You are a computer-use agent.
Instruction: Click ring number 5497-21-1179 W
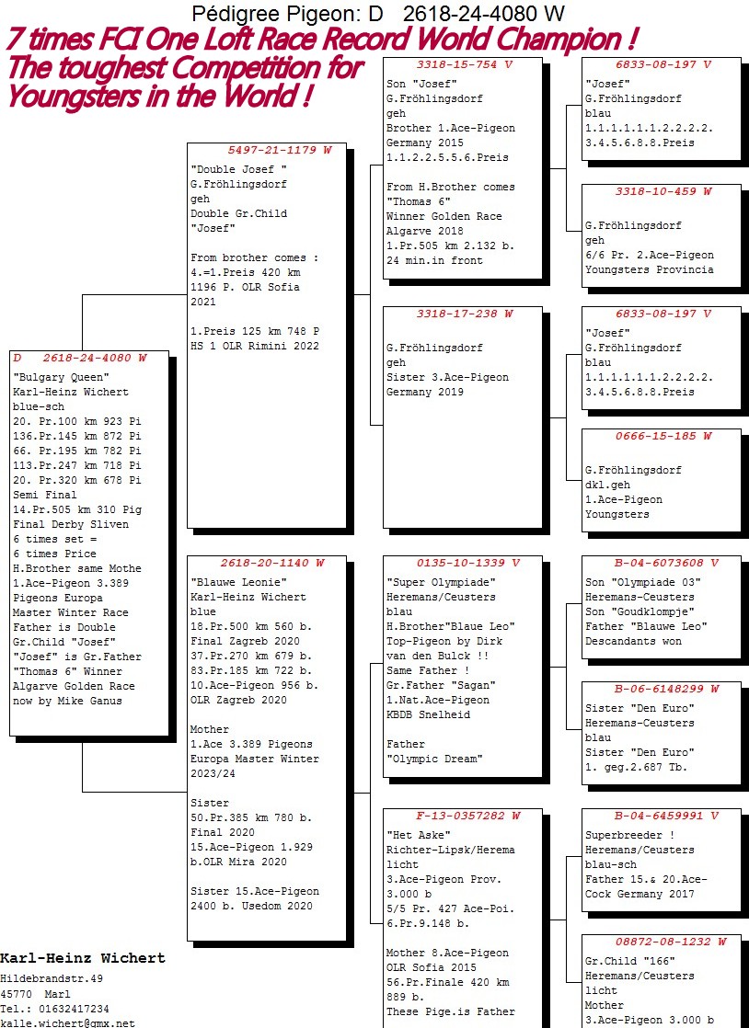(280, 150)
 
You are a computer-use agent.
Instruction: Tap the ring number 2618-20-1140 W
(272, 563)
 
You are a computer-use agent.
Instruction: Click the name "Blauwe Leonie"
(238, 582)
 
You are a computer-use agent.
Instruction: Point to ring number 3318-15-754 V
(465, 64)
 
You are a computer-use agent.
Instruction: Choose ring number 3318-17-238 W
(465, 314)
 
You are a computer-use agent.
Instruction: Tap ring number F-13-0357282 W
(468, 816)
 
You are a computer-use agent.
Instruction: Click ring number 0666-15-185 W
(663, 436)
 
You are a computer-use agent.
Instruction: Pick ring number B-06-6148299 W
(666, 689)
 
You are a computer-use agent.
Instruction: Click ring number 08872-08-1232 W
(671, 942)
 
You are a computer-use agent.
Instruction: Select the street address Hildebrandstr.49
(52, 979)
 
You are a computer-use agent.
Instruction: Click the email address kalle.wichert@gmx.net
(67, 1022)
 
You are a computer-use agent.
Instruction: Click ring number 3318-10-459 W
(663, 191)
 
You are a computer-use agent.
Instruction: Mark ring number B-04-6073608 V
(666, 563)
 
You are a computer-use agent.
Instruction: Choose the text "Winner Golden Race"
(444, 216)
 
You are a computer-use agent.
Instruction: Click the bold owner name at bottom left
(83, 958)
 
